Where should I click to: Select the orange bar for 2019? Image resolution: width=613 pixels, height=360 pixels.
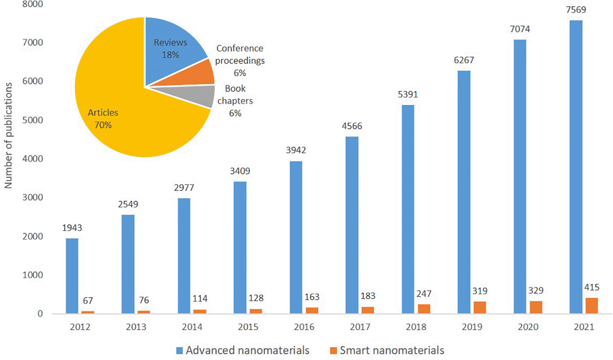click(480, 307)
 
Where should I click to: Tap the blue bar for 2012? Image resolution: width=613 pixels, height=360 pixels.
click(72, 276)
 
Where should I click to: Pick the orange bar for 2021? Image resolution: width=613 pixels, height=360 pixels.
click(591, 305)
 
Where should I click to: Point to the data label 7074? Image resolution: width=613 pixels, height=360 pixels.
click(520, 29)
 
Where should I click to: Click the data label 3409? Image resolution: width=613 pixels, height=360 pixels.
click(240, 171)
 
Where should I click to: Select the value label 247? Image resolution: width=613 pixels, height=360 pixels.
click(424, 294)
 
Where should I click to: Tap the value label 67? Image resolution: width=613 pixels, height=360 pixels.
click(88, 301)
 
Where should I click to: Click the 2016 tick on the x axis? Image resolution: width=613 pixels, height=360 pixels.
click(304, 327)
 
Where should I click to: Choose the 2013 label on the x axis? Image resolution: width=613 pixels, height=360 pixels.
click(136, 327)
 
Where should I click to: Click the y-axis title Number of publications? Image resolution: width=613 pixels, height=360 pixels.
click(8, 136)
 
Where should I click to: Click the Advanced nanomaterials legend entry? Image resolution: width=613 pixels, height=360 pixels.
click(243, 350)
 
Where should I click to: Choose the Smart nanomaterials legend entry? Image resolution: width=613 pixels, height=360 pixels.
click(387, 350)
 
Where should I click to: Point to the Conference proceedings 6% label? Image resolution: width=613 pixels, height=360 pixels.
click(240, 60)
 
